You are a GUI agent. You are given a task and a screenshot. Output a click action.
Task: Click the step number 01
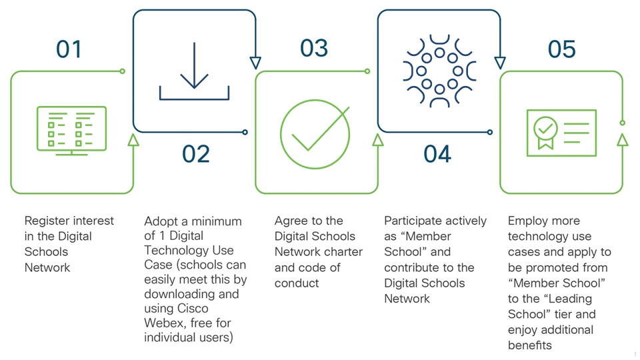tap(69, 49)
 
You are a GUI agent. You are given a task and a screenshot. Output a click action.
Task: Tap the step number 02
tap(196, 154)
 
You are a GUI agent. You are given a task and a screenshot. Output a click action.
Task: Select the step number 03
tap(313, 49)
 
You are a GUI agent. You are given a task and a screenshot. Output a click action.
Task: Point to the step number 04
tap(437, 154)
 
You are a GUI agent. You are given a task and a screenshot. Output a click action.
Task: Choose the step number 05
tap(561, 49)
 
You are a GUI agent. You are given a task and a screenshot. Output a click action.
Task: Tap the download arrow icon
tap(194, 72)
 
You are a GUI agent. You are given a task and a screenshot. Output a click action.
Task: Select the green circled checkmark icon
tap(315, 133)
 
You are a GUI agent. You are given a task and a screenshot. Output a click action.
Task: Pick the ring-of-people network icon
tap(439, 70)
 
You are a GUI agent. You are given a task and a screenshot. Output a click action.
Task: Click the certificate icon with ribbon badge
tap(561, 132)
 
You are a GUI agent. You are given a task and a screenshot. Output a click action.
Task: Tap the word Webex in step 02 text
tap(163, 323)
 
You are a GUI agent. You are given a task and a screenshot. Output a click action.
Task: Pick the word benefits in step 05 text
tap(530, 345)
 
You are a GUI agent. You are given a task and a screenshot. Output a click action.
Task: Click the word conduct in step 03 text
tap(296, 283)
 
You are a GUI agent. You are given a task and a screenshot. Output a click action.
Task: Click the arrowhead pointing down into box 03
tap(255, 63)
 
